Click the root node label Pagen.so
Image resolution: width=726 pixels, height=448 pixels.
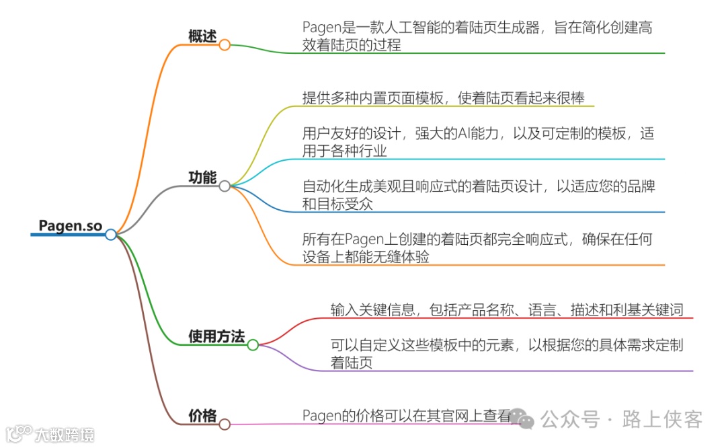coord(70,226)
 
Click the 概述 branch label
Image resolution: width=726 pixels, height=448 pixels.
coord(202,37)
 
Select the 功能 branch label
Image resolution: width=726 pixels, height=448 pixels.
coord(202,178)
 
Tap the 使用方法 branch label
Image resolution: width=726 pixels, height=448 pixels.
coord(216,337)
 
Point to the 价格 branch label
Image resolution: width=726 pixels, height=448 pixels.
coord(202,416)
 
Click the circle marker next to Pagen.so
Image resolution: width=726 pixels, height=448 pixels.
coord(111,234)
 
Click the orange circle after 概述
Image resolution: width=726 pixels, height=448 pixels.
coord(225,45)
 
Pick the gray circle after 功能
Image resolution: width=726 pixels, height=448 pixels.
coord(225,186)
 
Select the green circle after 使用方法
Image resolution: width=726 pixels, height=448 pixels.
coord(253,345)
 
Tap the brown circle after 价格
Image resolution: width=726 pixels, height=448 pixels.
coord(225,424)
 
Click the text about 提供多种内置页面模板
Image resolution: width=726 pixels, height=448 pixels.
coord(443,98)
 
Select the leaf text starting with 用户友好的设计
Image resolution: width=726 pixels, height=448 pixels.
coord(478,142)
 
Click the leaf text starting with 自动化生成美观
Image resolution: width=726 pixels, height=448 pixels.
coord(478,195)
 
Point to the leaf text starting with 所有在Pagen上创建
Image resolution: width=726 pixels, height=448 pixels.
coord(478,248)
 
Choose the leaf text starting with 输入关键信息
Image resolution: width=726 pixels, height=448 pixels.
coord(507,310)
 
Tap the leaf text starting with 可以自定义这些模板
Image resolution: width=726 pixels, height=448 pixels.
coord(507,354)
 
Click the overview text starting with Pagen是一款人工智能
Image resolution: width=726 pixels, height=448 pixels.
coord(477,36)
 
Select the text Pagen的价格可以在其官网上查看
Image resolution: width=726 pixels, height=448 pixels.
coord(407,416)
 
